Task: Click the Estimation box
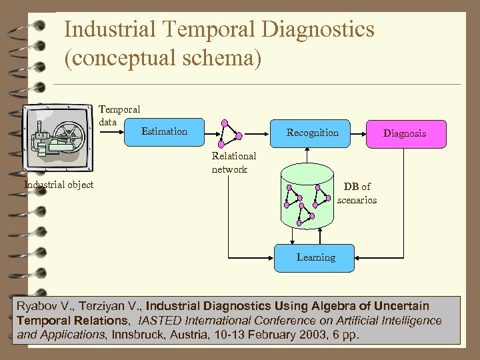[164, 132]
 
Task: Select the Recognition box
[312, 133]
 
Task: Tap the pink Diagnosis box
[404, 133]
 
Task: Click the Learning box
[315, 257]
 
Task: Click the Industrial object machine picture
[58, 139]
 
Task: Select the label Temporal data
[119, 115]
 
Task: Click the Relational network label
[233, 163]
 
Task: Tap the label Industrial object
[59, 185]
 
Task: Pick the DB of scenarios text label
[357, 193]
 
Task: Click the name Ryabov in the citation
[37, 306]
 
